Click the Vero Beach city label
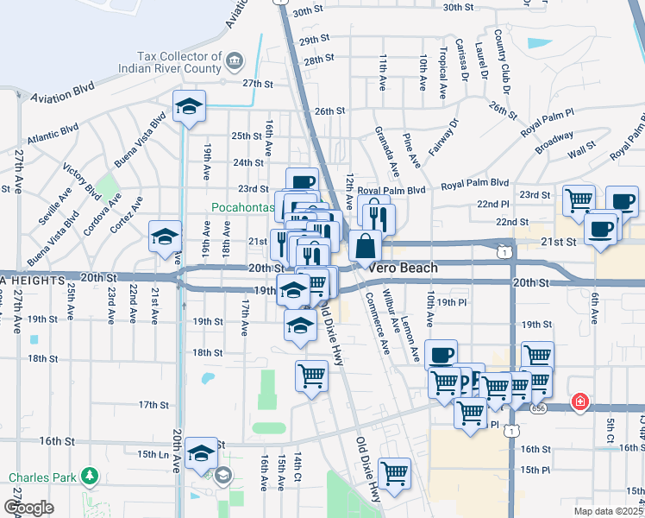coord(403,268)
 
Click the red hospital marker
coord(581,401)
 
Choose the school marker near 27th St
coord(189,107)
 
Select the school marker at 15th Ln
coord(201,452)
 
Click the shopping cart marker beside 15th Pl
coord(394,473)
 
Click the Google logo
coord(28,508)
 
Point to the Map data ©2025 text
coord(607,511)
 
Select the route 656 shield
coord(539,407)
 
